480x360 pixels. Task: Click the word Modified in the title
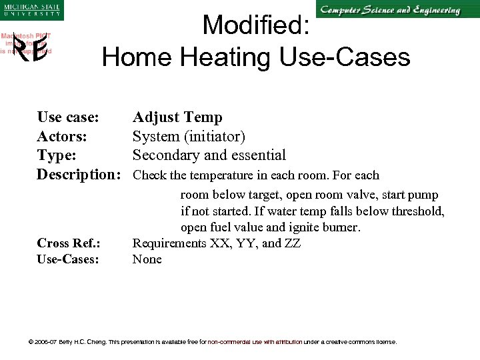pyautogui.click(x=255, y=25)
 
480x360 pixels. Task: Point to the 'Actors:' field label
pyautogui.click(x=61, y=137)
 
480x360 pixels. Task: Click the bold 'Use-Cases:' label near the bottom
pyautogui.click(x=68, y=259)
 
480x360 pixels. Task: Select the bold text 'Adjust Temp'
pyautogui.click(x=177, y=118)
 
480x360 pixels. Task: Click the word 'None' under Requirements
pyautogui.click(x=147, y=259)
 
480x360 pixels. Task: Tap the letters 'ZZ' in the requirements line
pyautogui.click(x=291, y=243)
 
